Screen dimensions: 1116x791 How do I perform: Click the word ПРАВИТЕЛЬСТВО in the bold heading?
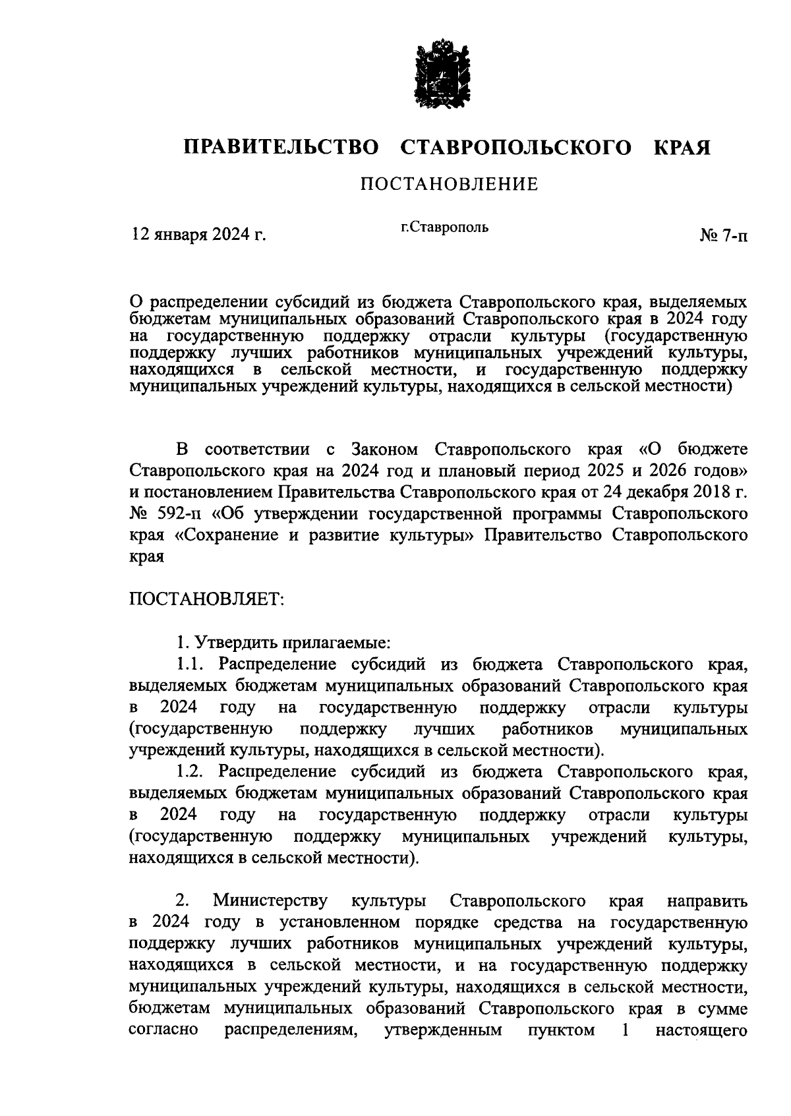point(281,148)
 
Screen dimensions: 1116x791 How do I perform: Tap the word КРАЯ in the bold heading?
point(682,148)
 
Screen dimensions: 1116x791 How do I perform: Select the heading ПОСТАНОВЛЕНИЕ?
point(449,184)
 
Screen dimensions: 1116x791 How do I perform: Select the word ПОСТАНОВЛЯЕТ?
point(206,600)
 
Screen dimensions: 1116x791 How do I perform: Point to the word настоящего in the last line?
point(701,1030)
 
